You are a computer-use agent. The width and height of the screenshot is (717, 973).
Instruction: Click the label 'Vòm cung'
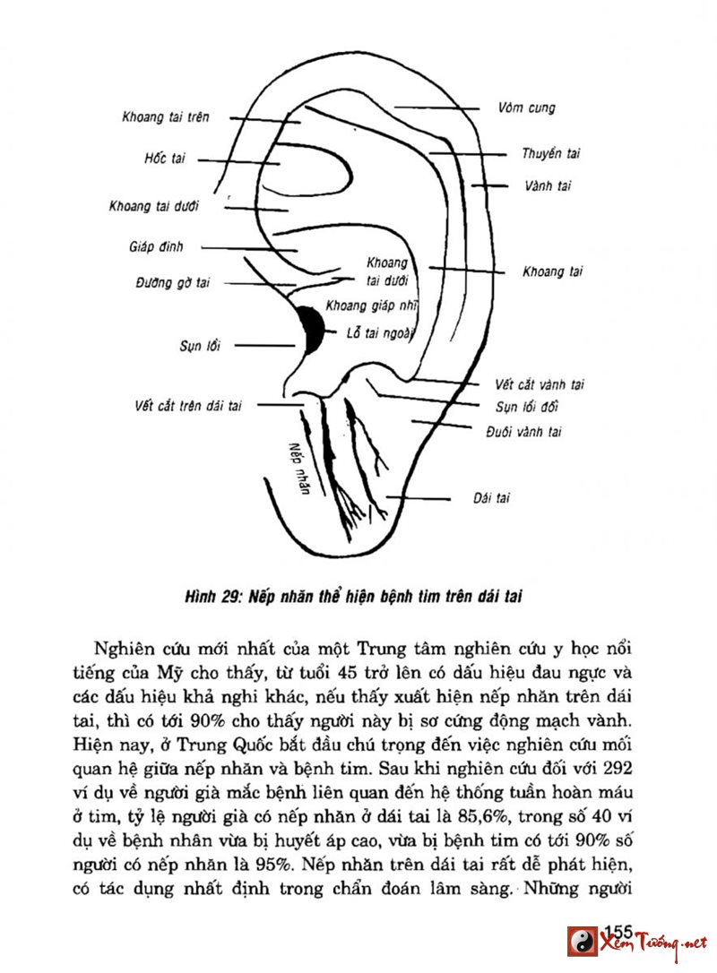click(x=526, y=108)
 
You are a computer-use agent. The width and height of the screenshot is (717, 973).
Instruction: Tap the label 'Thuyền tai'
click(x=551, y=154)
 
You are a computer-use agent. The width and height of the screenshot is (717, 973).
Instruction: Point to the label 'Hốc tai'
click(x=164, y=159)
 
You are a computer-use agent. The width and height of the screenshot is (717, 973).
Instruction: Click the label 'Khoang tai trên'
click(x=166, y=117)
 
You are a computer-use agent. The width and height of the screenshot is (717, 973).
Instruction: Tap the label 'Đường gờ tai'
click(x=173, y=283)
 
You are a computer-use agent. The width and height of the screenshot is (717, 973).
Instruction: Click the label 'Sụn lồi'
click(x=200, y=346)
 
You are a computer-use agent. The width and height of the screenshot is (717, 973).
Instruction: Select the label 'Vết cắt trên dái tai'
click(x=183, y=405)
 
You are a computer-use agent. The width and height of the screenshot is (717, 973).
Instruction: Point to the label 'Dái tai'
click(x=491, y=498)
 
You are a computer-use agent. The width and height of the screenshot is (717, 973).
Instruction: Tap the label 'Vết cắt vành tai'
click(x=540, y=385)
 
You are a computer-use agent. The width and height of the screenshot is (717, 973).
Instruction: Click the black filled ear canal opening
click(x=311, y=330)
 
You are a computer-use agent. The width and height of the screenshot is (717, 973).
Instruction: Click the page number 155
click(x=619, y=931)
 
